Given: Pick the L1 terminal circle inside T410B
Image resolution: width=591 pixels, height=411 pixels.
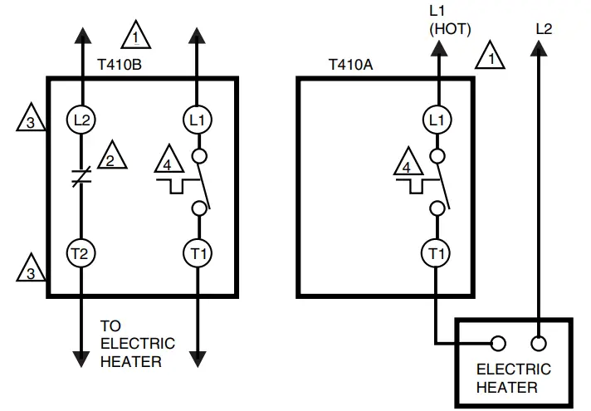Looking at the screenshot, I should click(198, 120).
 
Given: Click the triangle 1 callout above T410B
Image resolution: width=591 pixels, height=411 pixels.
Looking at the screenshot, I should click(135, 37).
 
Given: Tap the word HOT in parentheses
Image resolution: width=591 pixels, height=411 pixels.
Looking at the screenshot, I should click(449, 29).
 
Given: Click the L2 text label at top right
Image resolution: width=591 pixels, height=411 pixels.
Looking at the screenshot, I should click(544, 28).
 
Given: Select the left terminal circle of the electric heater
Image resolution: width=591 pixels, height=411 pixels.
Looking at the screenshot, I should click(498, 342).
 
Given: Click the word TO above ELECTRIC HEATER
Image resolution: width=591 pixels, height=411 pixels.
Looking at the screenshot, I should click(110, 326).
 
